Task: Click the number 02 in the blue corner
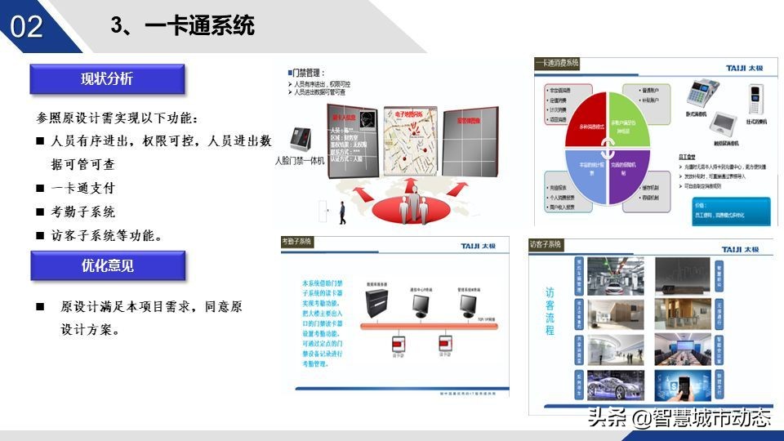click(27, 26)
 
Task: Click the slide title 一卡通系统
click(200, 26)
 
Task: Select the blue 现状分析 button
click(107, 79)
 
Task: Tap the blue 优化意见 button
click(107, 265)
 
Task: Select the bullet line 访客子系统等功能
click(106, 235)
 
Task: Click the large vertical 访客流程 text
click(550, 311)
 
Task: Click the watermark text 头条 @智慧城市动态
click(678, 418)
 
